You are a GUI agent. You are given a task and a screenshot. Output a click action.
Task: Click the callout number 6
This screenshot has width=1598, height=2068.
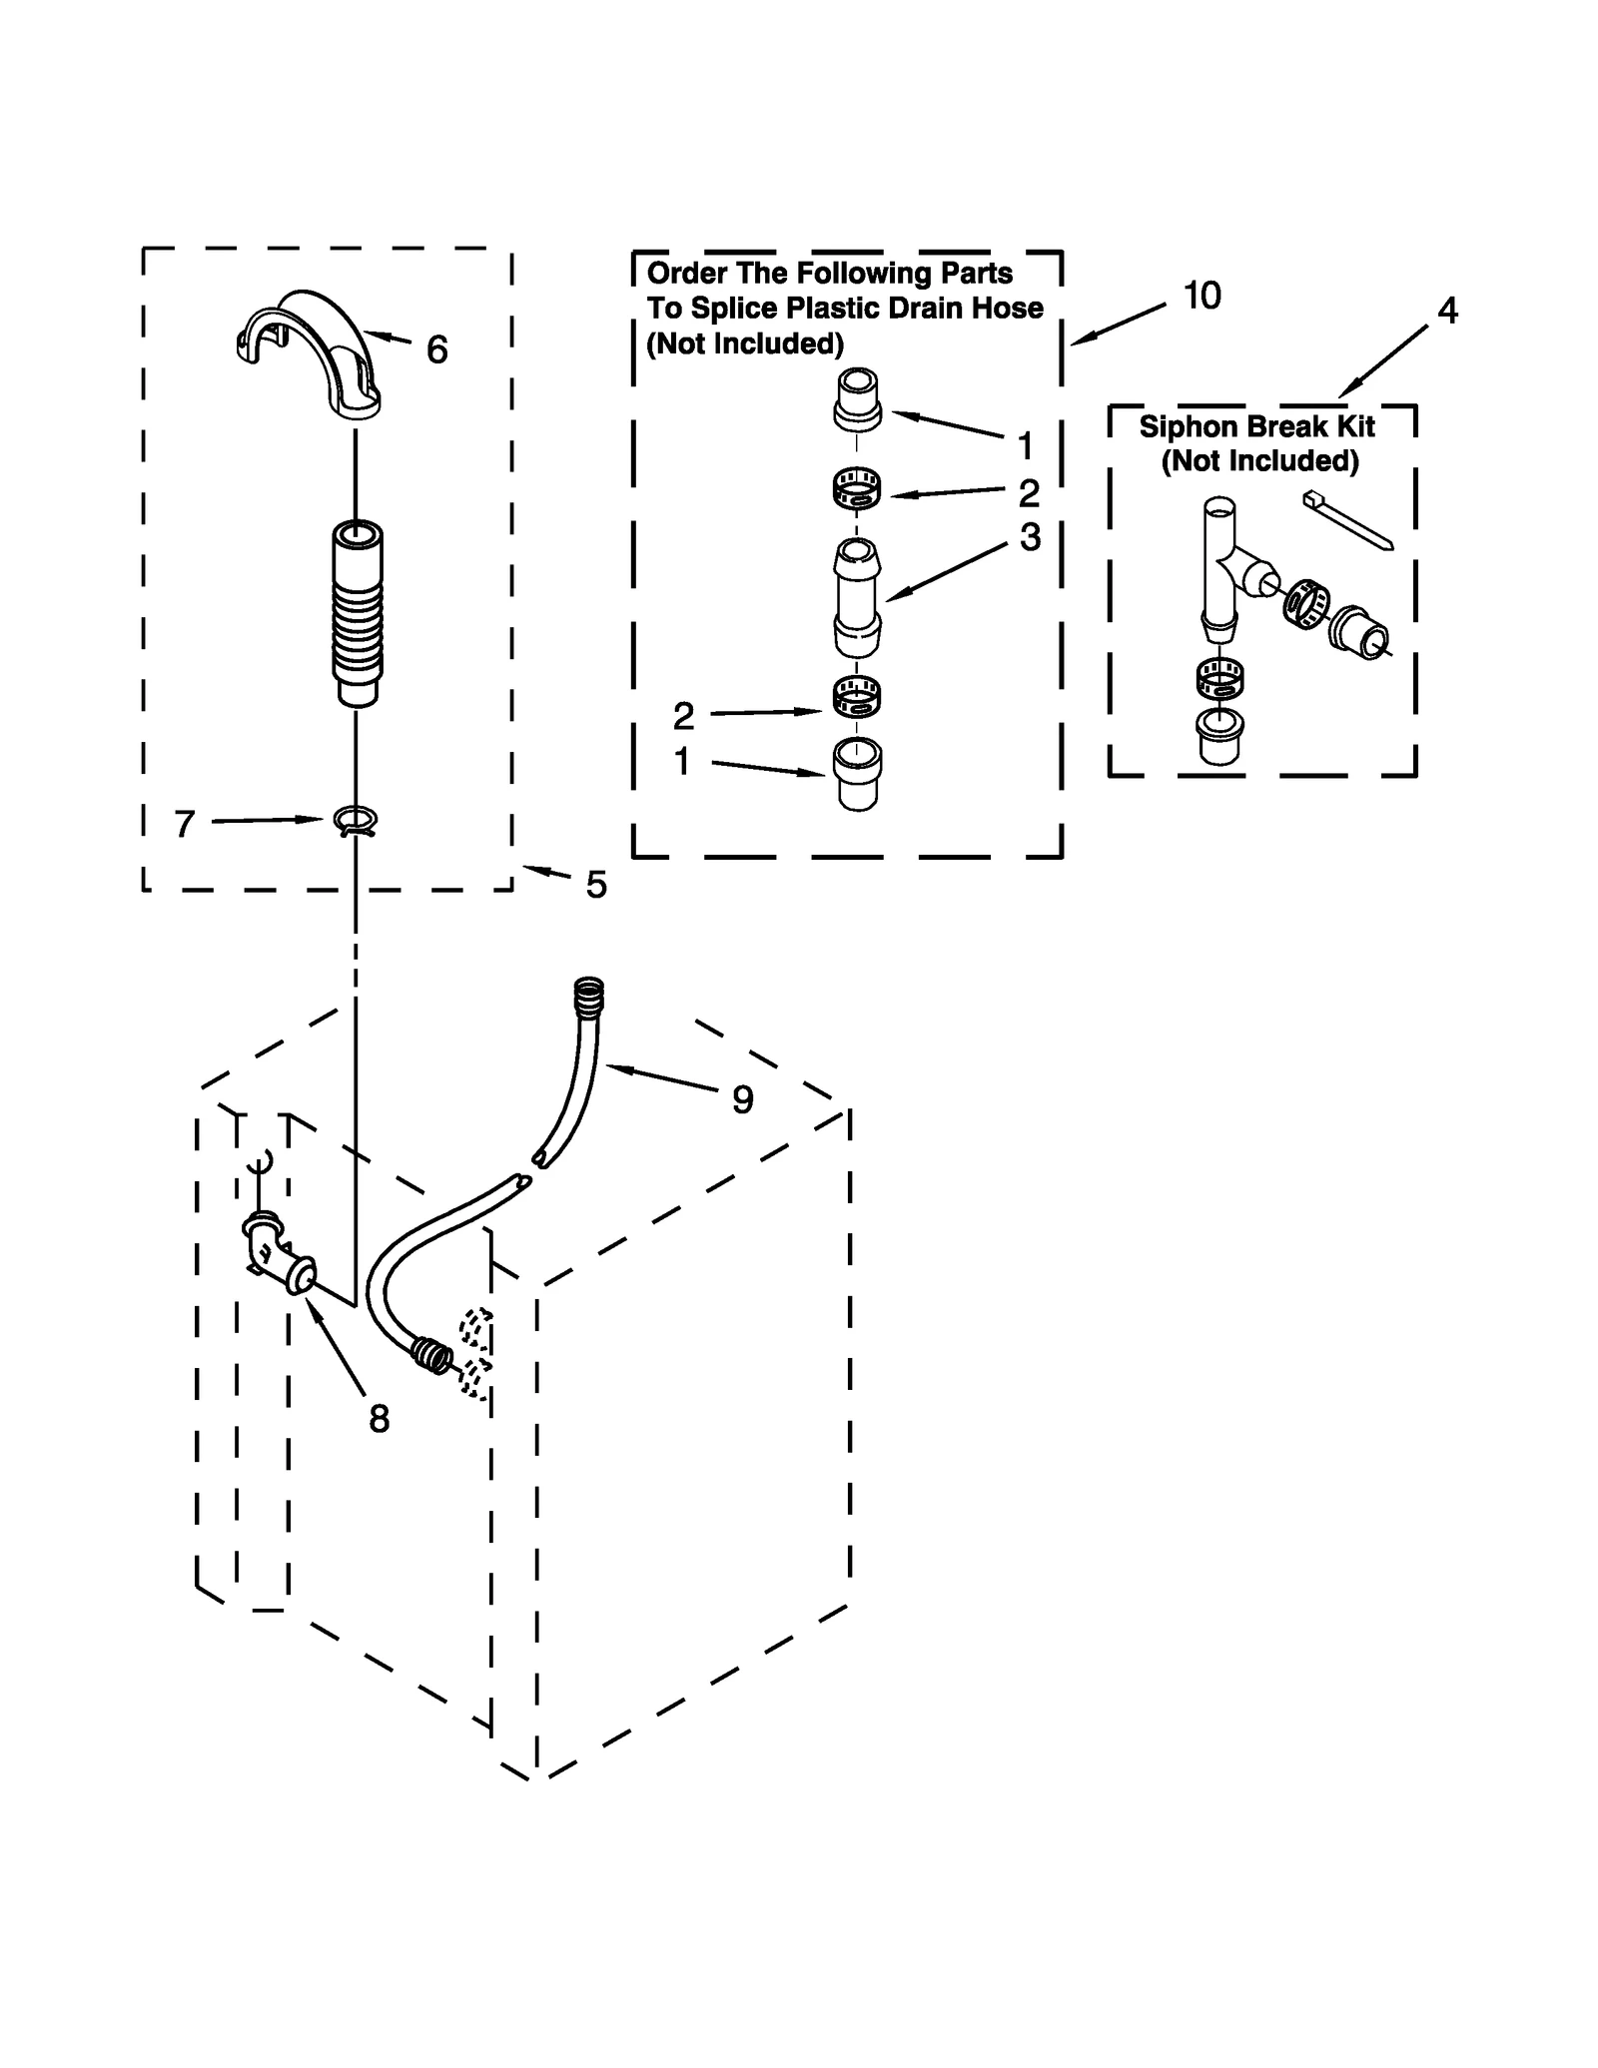pyautogui.click(x=436, y=349)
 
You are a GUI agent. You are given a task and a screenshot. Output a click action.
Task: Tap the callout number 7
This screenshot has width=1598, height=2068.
pyautogui.click(x=184, y=825)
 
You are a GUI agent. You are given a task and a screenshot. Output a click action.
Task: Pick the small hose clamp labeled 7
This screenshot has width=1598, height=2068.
pyautogui.click(x=357, y=822)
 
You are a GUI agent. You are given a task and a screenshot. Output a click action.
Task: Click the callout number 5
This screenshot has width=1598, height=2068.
pyautogui.click(x=595, y=885)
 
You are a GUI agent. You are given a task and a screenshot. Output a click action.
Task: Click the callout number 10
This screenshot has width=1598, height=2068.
pyautogui.click(x=1201, y=296)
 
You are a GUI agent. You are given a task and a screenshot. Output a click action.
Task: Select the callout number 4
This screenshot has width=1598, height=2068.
pyautogui.click(x=1447, y=311)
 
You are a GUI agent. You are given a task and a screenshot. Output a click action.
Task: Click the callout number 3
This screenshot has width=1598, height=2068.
pyautogui.click(x=1030, y=537)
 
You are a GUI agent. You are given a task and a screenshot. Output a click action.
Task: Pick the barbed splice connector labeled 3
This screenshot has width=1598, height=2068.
pyautogui.click(x=857, y=597)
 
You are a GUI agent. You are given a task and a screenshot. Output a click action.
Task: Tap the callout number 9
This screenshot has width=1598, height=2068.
pyautogui.click(x=742, y=1100)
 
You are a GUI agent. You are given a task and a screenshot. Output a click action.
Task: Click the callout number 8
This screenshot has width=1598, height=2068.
pyautogui.click(x=379, y=1419)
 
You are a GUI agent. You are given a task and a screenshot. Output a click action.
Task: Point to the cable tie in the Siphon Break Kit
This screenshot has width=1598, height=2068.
pyautogui.click(x=1347, y=519)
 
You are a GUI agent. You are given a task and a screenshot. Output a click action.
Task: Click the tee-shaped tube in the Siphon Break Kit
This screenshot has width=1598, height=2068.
pyautogui.click(x=1222, y=569)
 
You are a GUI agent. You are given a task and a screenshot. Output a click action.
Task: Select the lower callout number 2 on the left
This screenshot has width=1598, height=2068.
pyautogui.click(x=683, y=716)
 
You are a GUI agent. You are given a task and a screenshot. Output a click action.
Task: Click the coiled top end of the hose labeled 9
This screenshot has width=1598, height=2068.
pyautogui.click(x=589, y=997)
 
